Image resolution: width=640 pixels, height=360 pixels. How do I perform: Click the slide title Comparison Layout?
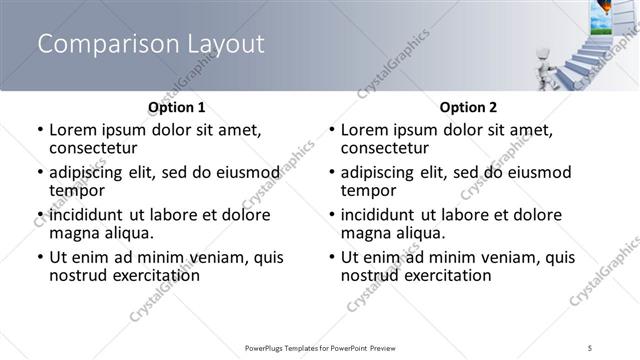[151, 44]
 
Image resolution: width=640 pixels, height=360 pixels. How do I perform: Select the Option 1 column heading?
[177, 107]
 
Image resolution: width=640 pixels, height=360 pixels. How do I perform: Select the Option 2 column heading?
[468, 107]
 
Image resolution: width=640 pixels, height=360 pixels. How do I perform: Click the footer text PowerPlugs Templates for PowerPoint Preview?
[320, 347]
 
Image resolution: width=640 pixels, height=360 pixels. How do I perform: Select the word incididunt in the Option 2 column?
[385, 215]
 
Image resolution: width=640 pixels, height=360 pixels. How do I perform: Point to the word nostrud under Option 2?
[370, 275]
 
